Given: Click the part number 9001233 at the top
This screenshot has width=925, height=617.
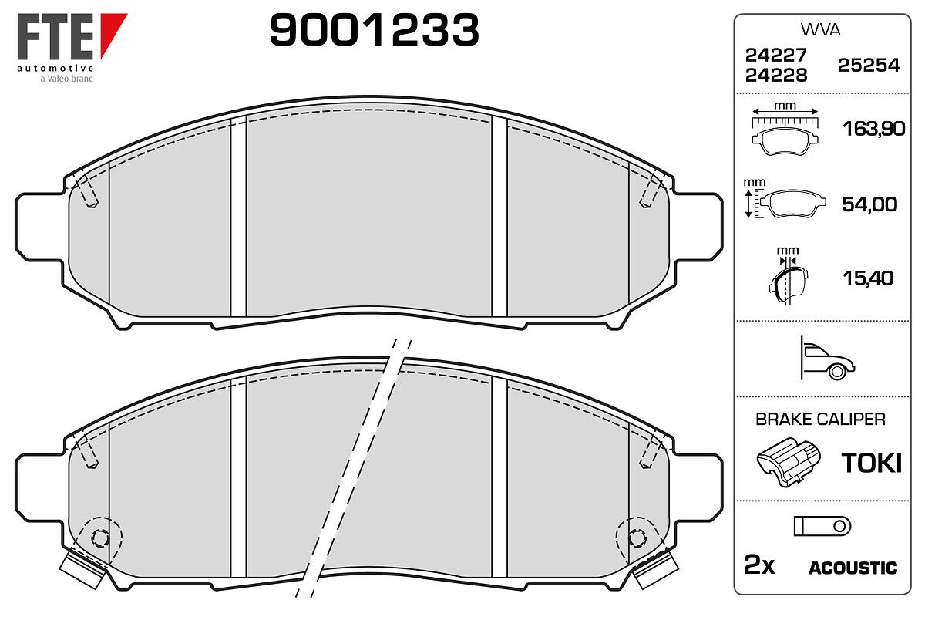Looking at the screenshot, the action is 374,29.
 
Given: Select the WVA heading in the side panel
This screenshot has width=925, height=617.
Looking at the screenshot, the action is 820,30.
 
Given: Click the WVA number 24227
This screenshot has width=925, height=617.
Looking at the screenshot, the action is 776,55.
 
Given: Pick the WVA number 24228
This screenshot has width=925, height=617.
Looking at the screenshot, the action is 776,76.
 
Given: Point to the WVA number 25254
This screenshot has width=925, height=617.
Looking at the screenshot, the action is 869,66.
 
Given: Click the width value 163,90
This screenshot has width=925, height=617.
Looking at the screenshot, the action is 874,129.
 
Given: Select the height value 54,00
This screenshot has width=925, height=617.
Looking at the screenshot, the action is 869,204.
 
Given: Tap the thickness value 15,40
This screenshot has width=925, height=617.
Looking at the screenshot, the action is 868,278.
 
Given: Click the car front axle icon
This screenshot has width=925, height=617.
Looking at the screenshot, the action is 828,359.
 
